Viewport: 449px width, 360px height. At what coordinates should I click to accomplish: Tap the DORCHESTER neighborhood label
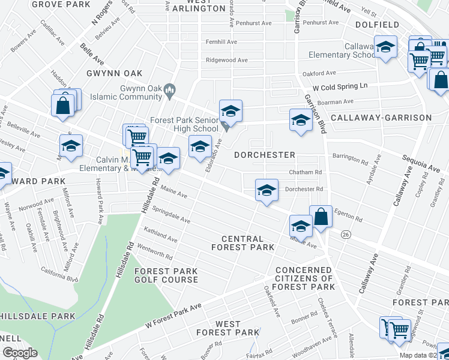[x=265, y=155]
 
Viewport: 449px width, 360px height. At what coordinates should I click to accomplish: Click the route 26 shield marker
[x=345, y=233]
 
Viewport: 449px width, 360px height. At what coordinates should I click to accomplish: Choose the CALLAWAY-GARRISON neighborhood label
[x=381, y=118]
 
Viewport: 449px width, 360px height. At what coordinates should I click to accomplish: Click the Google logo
[x=20, y=353]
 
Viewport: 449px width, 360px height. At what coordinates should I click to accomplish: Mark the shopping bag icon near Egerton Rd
[x=321, y=216]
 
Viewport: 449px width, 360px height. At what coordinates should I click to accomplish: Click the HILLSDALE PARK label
[x=37, y=316]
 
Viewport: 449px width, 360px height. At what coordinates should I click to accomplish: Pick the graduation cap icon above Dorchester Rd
[x=267, y=190]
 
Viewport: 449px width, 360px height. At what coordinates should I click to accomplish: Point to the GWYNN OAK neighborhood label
[x=114, y=73]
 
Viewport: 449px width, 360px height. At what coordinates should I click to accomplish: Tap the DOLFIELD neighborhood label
[x=377, y=25]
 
